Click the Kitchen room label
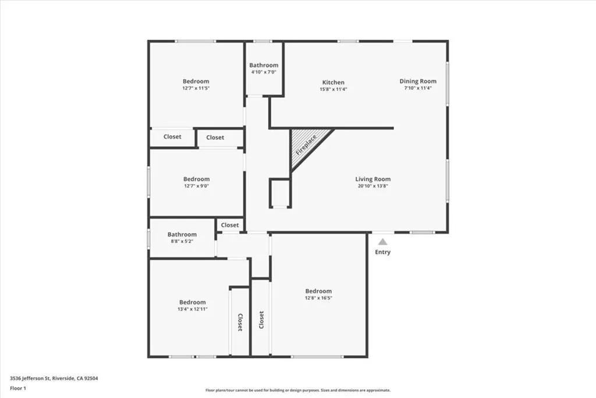[x=334, y=82]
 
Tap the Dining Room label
[x=417, y=81]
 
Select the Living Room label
[x=373, y=179]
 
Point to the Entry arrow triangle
[x=382, y=241]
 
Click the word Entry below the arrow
[x=382, y=252]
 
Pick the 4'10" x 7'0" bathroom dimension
[x=264, y=72]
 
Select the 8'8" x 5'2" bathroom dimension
[x=182, y=242]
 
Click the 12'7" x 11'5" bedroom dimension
[x=196, y=89]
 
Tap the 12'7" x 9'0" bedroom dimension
[x=196, y=186]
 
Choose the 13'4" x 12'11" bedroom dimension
[x=192, y=309]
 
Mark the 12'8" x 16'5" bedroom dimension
[x=318, y=298]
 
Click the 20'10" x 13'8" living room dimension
[x=373, y=186]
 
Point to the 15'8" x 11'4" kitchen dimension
[x=334, y=90]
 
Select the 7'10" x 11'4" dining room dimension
[x=417, y=89]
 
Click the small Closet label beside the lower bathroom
[x=230, y=225]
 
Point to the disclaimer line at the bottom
[x=297, y=390]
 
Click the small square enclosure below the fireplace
[x=280, y=193]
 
